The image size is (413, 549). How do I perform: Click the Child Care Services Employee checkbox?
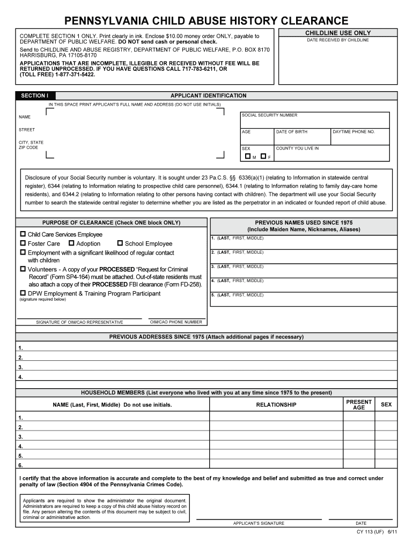pos(23,234)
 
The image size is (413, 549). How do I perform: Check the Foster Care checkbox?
pos(23,243)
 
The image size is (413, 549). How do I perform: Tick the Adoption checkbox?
pos(71,243)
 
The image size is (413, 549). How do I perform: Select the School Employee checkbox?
pos(120,243)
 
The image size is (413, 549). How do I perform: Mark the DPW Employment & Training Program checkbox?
pos(23,293)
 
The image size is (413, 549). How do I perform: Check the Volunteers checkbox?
pos(23,269)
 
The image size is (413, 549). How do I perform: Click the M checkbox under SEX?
pos(247,156)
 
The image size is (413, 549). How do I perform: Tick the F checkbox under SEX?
pos(263,156)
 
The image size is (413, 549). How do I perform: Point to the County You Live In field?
pos(331,154)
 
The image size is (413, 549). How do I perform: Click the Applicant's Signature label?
pos(259,523)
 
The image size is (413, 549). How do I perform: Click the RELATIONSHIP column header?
pos(276,405)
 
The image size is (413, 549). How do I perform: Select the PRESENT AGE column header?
pos(359,405)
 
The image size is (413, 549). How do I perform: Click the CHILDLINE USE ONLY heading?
pos(337,33)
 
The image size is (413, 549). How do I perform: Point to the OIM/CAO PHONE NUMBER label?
pos(176,322)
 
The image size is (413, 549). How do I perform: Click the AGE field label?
pos(246,132)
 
